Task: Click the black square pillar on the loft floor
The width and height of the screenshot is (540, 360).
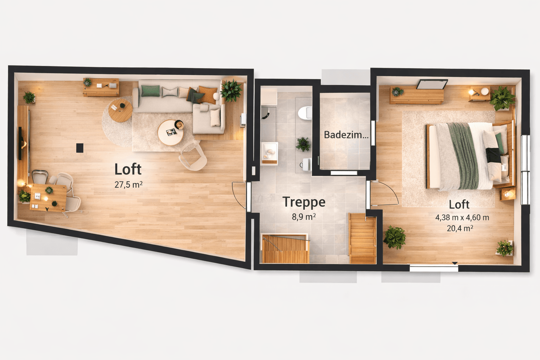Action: [80, 148]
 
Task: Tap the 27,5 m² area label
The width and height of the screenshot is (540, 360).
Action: [128, 184]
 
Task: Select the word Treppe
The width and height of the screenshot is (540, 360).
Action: [304, 202]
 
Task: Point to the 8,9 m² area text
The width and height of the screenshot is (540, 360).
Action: [304, 217]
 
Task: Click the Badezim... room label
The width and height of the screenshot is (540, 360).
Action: [346, 135]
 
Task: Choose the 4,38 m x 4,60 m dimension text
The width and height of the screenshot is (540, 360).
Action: [462, 218]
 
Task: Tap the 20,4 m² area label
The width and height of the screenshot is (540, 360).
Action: [460, 229]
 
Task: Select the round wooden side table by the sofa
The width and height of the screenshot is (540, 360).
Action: [120, 110]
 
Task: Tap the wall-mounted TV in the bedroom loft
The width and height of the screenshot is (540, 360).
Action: [432, 85]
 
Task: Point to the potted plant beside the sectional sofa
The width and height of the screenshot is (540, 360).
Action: [231, 90]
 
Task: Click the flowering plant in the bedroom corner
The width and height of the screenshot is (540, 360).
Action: [505, 247]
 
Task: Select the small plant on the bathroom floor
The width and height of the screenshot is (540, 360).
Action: [303, 144]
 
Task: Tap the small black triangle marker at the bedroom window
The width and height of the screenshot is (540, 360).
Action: [455, 263]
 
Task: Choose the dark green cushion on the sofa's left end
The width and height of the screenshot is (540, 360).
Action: [150, 91]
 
